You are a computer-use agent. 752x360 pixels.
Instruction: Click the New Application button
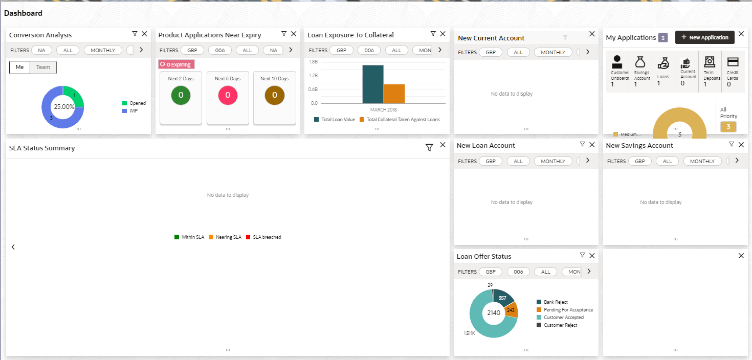point(705,37)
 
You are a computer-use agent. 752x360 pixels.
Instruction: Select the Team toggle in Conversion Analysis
point(43,67)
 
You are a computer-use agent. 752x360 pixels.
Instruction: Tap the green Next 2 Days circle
point(181,95)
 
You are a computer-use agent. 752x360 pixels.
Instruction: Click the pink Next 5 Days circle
point(228,95)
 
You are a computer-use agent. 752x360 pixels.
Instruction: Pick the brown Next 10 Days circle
point(275,95)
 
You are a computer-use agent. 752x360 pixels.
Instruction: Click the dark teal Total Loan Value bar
point(373,84)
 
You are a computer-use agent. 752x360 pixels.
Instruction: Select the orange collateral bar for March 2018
point(394,94)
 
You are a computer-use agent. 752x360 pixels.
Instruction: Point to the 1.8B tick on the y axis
point(314,61)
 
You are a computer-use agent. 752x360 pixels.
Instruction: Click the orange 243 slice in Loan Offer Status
point(511,310)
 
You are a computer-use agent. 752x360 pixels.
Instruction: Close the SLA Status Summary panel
point(443,145)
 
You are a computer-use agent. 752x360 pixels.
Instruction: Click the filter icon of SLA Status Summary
point(429,148)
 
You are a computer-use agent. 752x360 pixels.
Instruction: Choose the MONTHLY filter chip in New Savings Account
point(702,161)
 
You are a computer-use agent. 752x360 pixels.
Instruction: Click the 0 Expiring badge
point(176,64)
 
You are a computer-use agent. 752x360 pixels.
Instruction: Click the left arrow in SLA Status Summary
point(13,247)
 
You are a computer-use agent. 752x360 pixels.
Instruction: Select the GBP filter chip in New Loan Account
point(491,161)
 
